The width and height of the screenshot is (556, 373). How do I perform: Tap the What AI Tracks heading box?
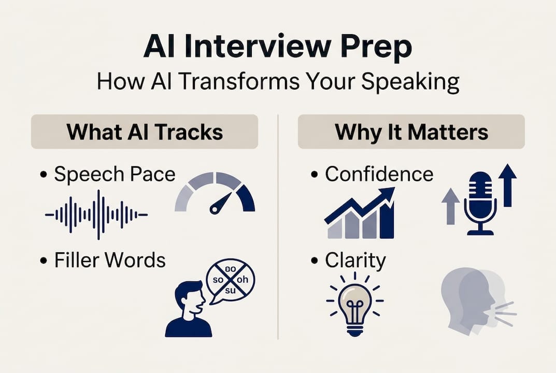click(x=145, y=132)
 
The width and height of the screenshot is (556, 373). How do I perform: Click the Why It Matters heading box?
click(x=411, y=132)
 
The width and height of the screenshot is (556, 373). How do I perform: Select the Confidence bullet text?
click(x=379, y=174)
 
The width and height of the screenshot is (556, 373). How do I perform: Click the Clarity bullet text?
click(x=355, y=260)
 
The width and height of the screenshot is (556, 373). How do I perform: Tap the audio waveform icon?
click(x=96, y=214)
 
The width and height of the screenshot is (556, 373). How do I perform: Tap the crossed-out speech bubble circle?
click(x=230, y=280)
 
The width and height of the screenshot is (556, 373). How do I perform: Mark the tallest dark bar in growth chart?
click(x=386, y=218)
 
